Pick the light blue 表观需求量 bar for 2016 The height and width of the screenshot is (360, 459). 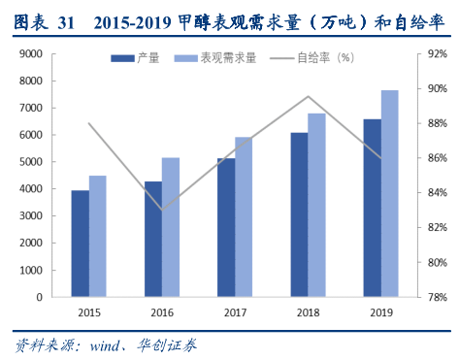pyautogui.click(x=171, y=226)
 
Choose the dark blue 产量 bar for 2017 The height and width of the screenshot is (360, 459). pyautogui.click(x=226, y=227)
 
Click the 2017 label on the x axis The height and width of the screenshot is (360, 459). pyautogui.click(x=235, y=311)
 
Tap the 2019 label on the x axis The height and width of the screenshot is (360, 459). pyautogui.click(x=380, y=311)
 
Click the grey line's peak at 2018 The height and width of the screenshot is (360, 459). pyautogui.click(x=308, y=96)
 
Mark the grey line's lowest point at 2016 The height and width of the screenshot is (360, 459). pyautogui.click(x=162, y=209)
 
